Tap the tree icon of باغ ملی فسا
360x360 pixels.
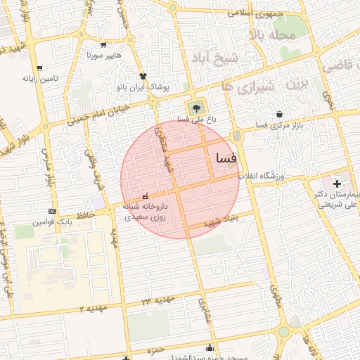(x=195, y=108)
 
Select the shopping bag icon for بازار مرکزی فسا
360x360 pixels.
(x=280, y=114)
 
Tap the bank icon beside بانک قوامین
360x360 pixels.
(x=52, y=211)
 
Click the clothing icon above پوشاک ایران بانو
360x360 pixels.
(x=143, y=76)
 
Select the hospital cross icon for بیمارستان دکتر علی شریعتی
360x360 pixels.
(x=336, y=183)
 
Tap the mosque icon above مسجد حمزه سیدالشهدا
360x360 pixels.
(x=209, y=347)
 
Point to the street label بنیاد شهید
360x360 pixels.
(x=221, y=221)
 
